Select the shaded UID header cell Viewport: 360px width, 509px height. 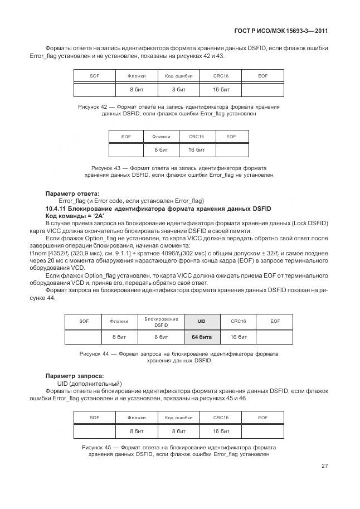tap(202, 322)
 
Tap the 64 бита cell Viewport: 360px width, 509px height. tap(202, 337)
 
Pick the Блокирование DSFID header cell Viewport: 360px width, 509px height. tap(161, 322)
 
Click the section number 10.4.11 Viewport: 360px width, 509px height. tap(59, 209)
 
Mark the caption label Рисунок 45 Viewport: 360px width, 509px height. tap(97, 447)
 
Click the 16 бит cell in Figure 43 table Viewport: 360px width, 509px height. tap(196, 150)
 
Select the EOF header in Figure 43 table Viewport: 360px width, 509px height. tap(231, 136)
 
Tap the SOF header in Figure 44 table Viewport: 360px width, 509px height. tap(84, 322)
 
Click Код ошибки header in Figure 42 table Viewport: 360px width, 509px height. tap(179, 75)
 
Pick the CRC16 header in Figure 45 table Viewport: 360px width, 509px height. tap(221, 417)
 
